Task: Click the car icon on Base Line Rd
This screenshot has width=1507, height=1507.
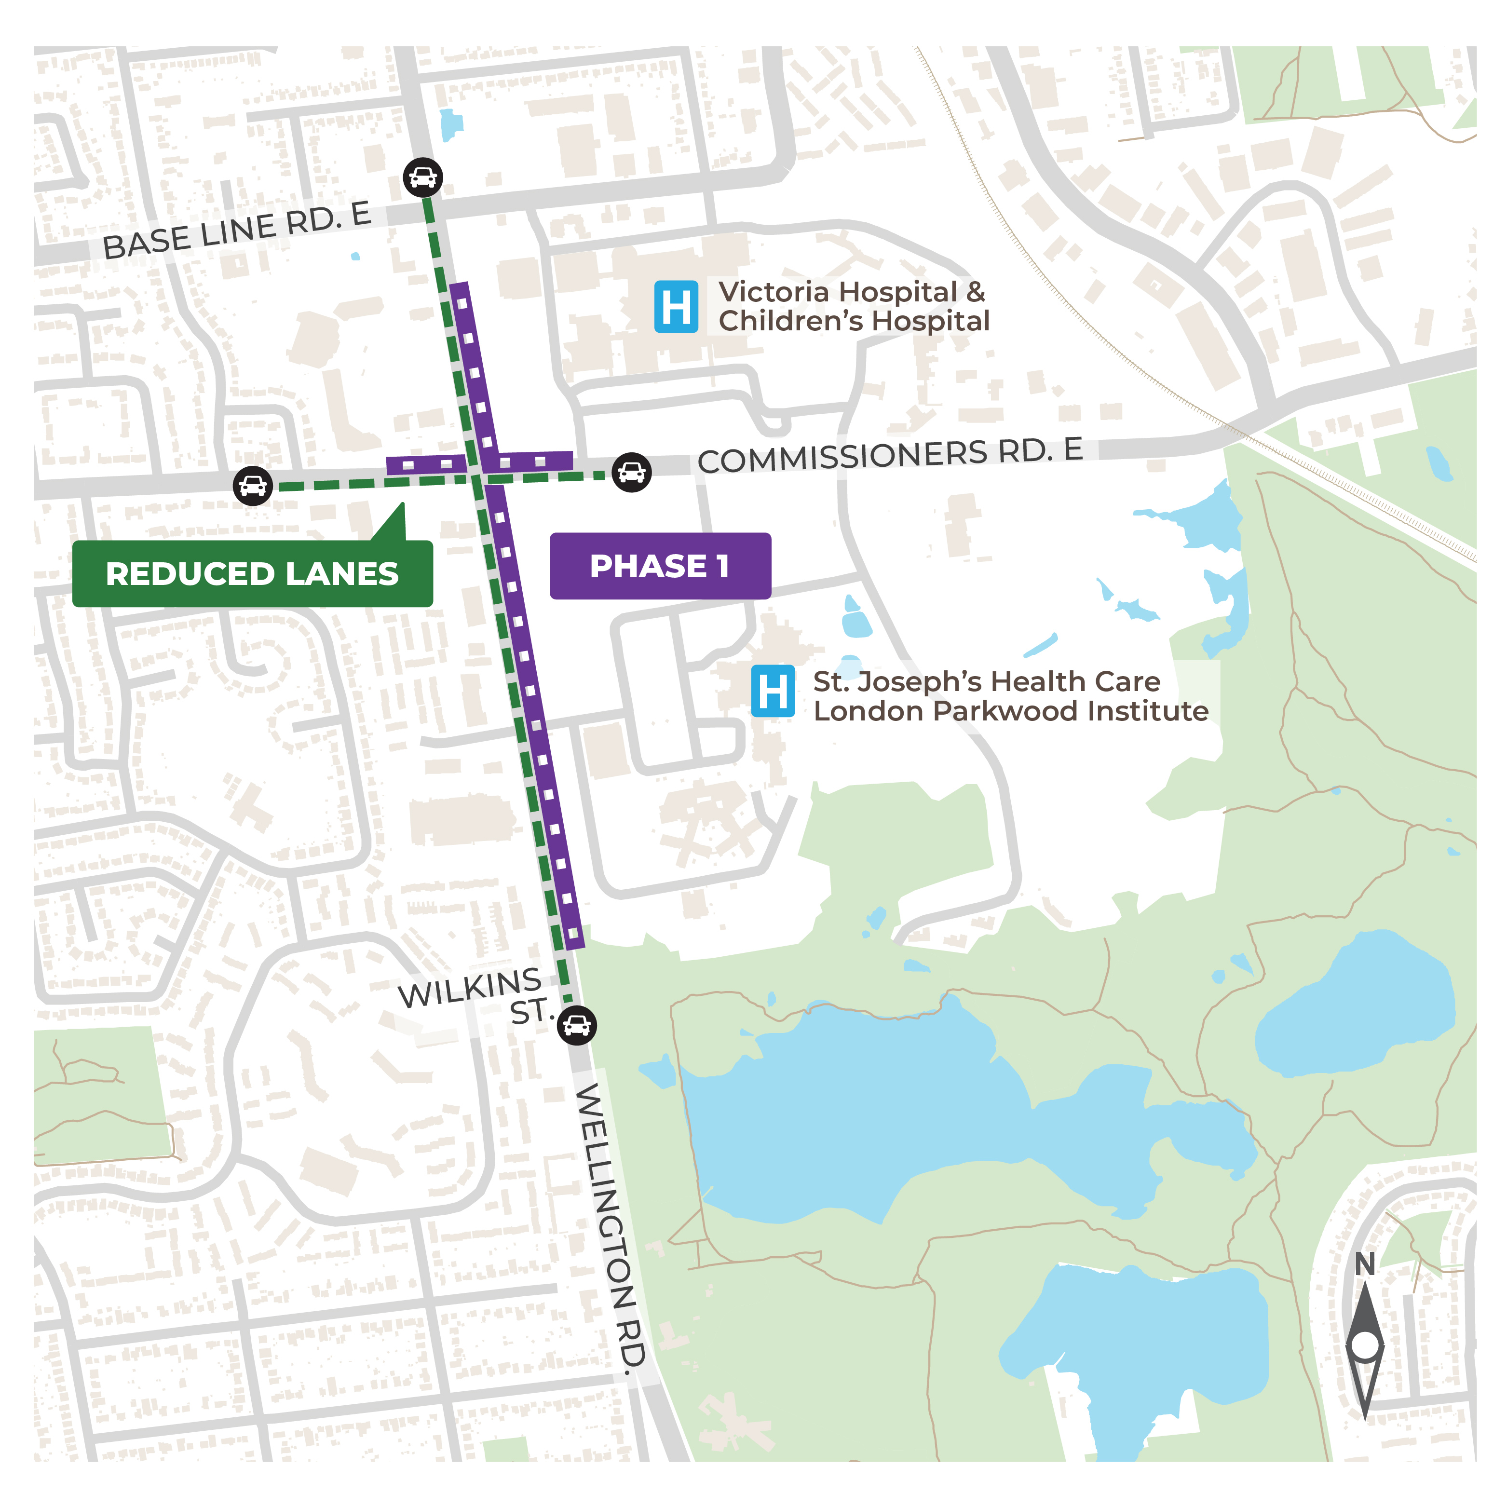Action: tap(423, 177)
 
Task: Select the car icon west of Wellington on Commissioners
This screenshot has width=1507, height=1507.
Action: tap(253, 486)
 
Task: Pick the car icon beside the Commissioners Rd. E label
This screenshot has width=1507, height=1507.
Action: tap(631, 472)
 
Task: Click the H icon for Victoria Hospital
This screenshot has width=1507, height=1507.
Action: tap(676, 307)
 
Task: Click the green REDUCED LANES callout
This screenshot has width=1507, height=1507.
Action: tap(252, 573)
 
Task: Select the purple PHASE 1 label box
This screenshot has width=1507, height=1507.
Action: tap(660, 566)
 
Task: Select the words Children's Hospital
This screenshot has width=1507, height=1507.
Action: tap(854, 321)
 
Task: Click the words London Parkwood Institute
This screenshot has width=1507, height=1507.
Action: tap(1010, 711)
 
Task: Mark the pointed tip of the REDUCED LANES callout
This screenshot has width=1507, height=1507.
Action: tap(403, 505)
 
